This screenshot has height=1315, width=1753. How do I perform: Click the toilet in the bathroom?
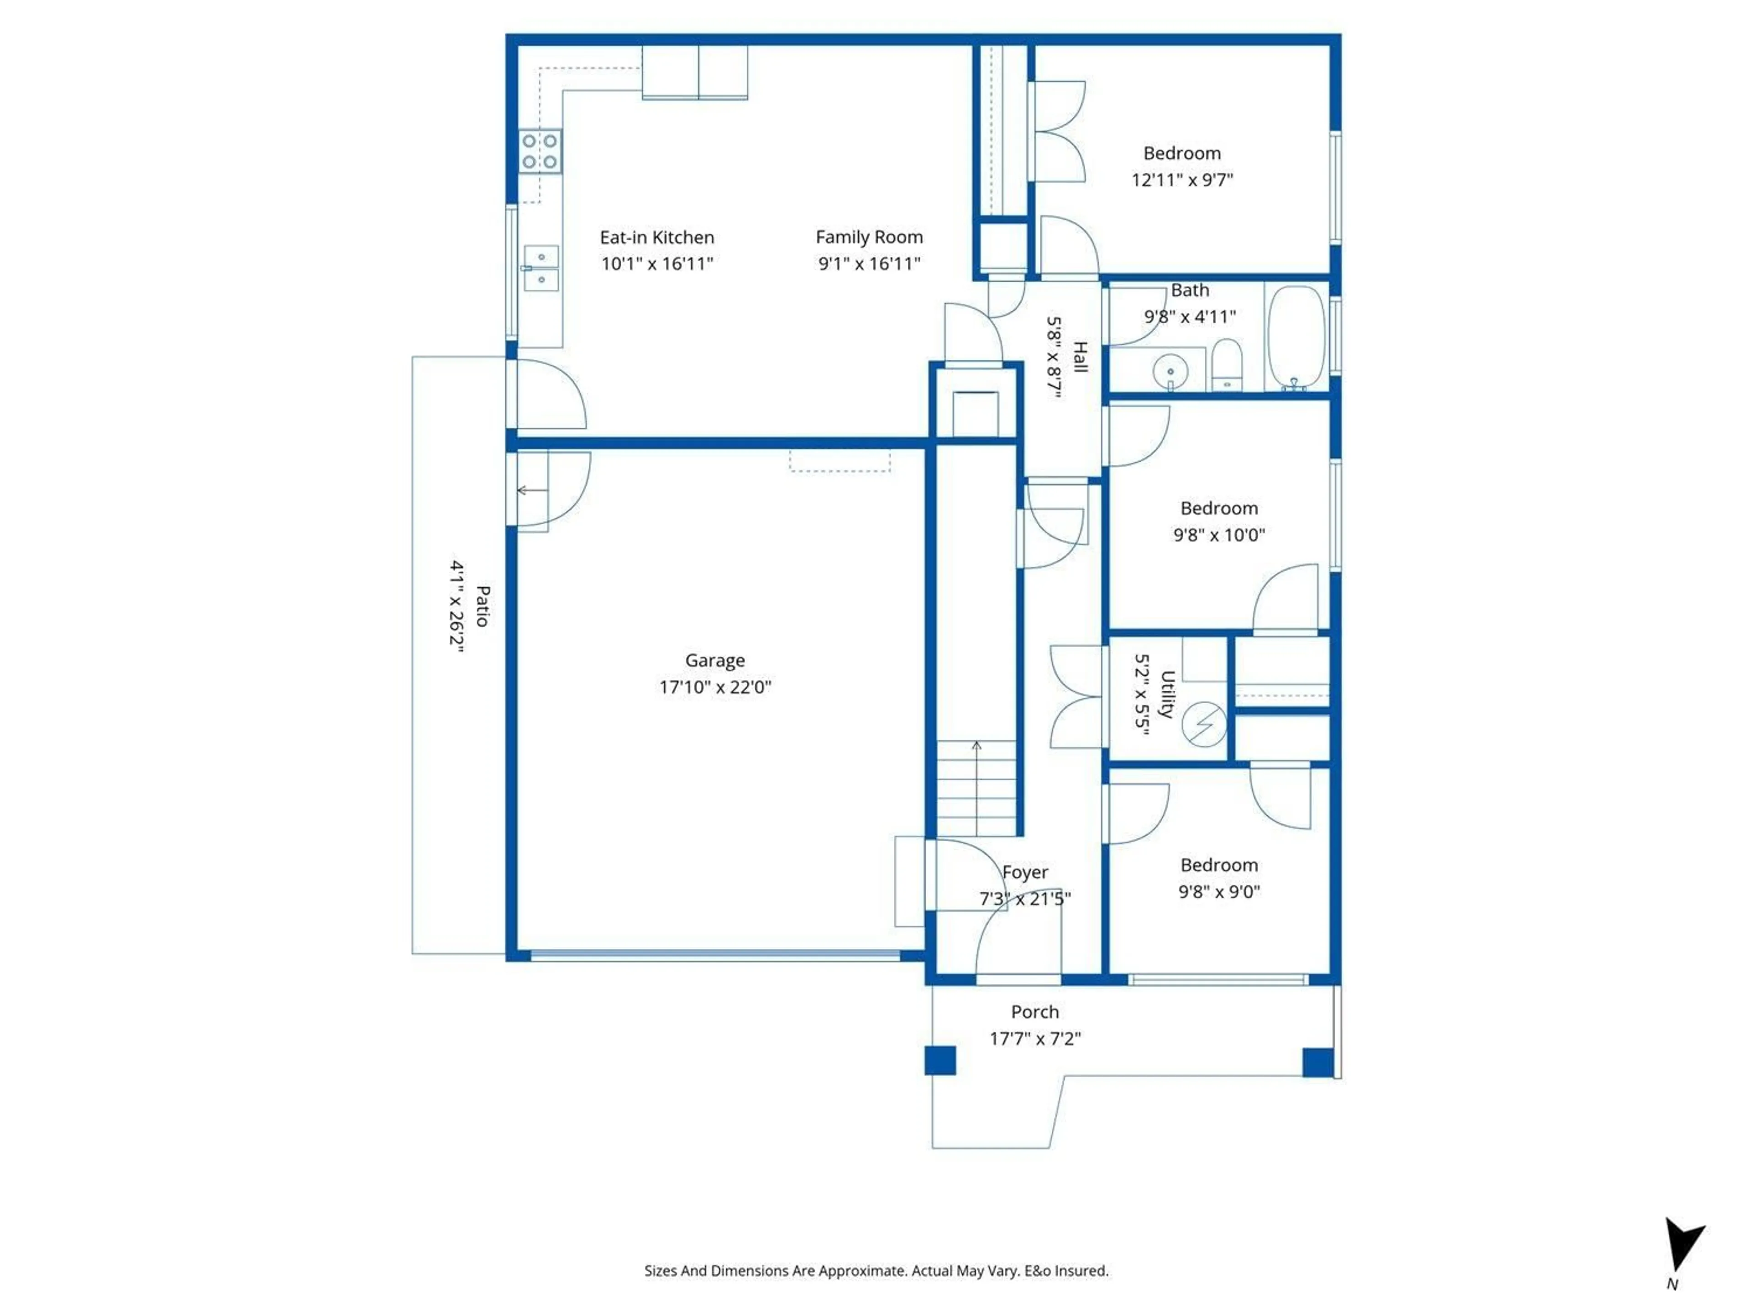click(x=1227, y=365)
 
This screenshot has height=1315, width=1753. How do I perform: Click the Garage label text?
click(x=715, y=660)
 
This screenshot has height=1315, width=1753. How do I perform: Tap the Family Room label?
click(x=869, y=237)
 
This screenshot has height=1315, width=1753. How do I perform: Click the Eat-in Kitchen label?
click(x=657, y=237)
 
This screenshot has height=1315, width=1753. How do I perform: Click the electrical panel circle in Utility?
click(x=1204, y=724)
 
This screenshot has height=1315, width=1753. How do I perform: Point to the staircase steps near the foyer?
click(x=976, y=788)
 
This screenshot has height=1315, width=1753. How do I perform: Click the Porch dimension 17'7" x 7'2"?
click(x=1035, y=1038)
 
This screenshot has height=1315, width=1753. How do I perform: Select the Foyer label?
click(x=1025, y=872)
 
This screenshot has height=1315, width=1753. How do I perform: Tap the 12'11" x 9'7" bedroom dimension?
click(x=1181, y=180)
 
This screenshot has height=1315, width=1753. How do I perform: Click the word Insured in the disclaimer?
click(x=1082, y=1271)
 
